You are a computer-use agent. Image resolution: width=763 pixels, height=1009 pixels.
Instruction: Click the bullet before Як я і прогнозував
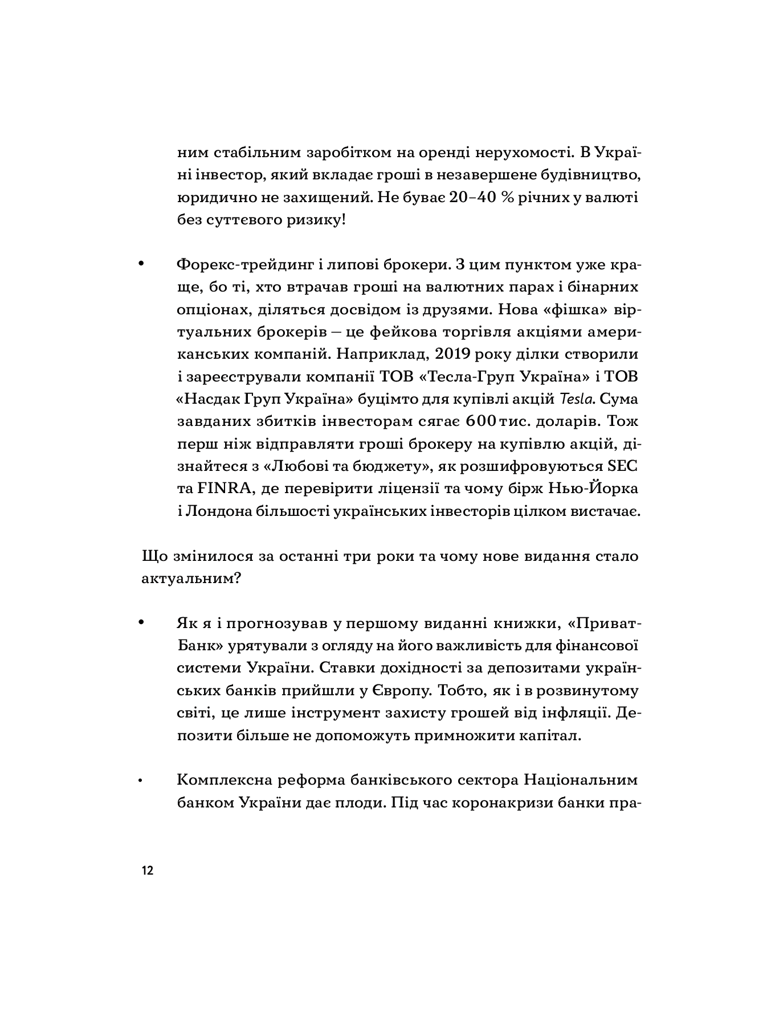tap(140, 623)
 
